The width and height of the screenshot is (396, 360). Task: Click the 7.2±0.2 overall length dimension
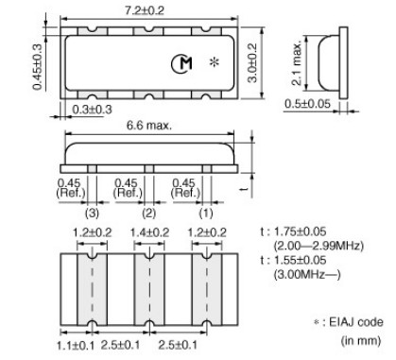point(145,10)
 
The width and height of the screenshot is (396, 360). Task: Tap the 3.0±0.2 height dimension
point(252,63)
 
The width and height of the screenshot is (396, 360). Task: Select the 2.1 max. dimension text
point(297,63)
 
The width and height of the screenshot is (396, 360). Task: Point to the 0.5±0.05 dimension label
point(307,104)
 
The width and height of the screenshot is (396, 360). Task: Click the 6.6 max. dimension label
point(149,126)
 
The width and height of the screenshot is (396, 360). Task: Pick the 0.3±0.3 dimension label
point(92,110)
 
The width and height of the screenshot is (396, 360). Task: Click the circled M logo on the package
point(181,64)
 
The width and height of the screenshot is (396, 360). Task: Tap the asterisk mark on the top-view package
point(215,61)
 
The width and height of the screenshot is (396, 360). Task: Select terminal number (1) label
point(206,214)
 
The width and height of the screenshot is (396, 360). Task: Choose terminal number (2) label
point(148,214)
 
